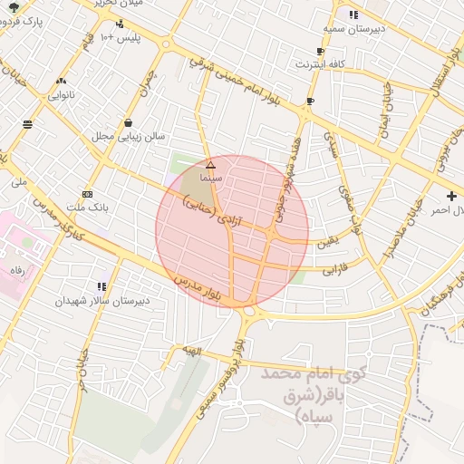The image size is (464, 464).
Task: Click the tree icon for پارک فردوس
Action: tap(12, 6)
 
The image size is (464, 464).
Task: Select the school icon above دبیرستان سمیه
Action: tap(353, 14)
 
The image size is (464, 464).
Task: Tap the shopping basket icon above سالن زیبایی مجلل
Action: tap(128, 122)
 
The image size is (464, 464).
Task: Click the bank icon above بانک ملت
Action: tap(87, 194)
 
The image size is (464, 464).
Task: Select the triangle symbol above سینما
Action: tap(210, 165)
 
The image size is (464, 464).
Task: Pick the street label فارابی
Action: tap(336, 267)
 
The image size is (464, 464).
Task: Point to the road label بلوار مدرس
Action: tap(200, 289)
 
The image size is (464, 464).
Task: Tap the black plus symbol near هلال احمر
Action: tap(451, 196)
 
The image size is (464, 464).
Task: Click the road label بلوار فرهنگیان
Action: tap(440, 299)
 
